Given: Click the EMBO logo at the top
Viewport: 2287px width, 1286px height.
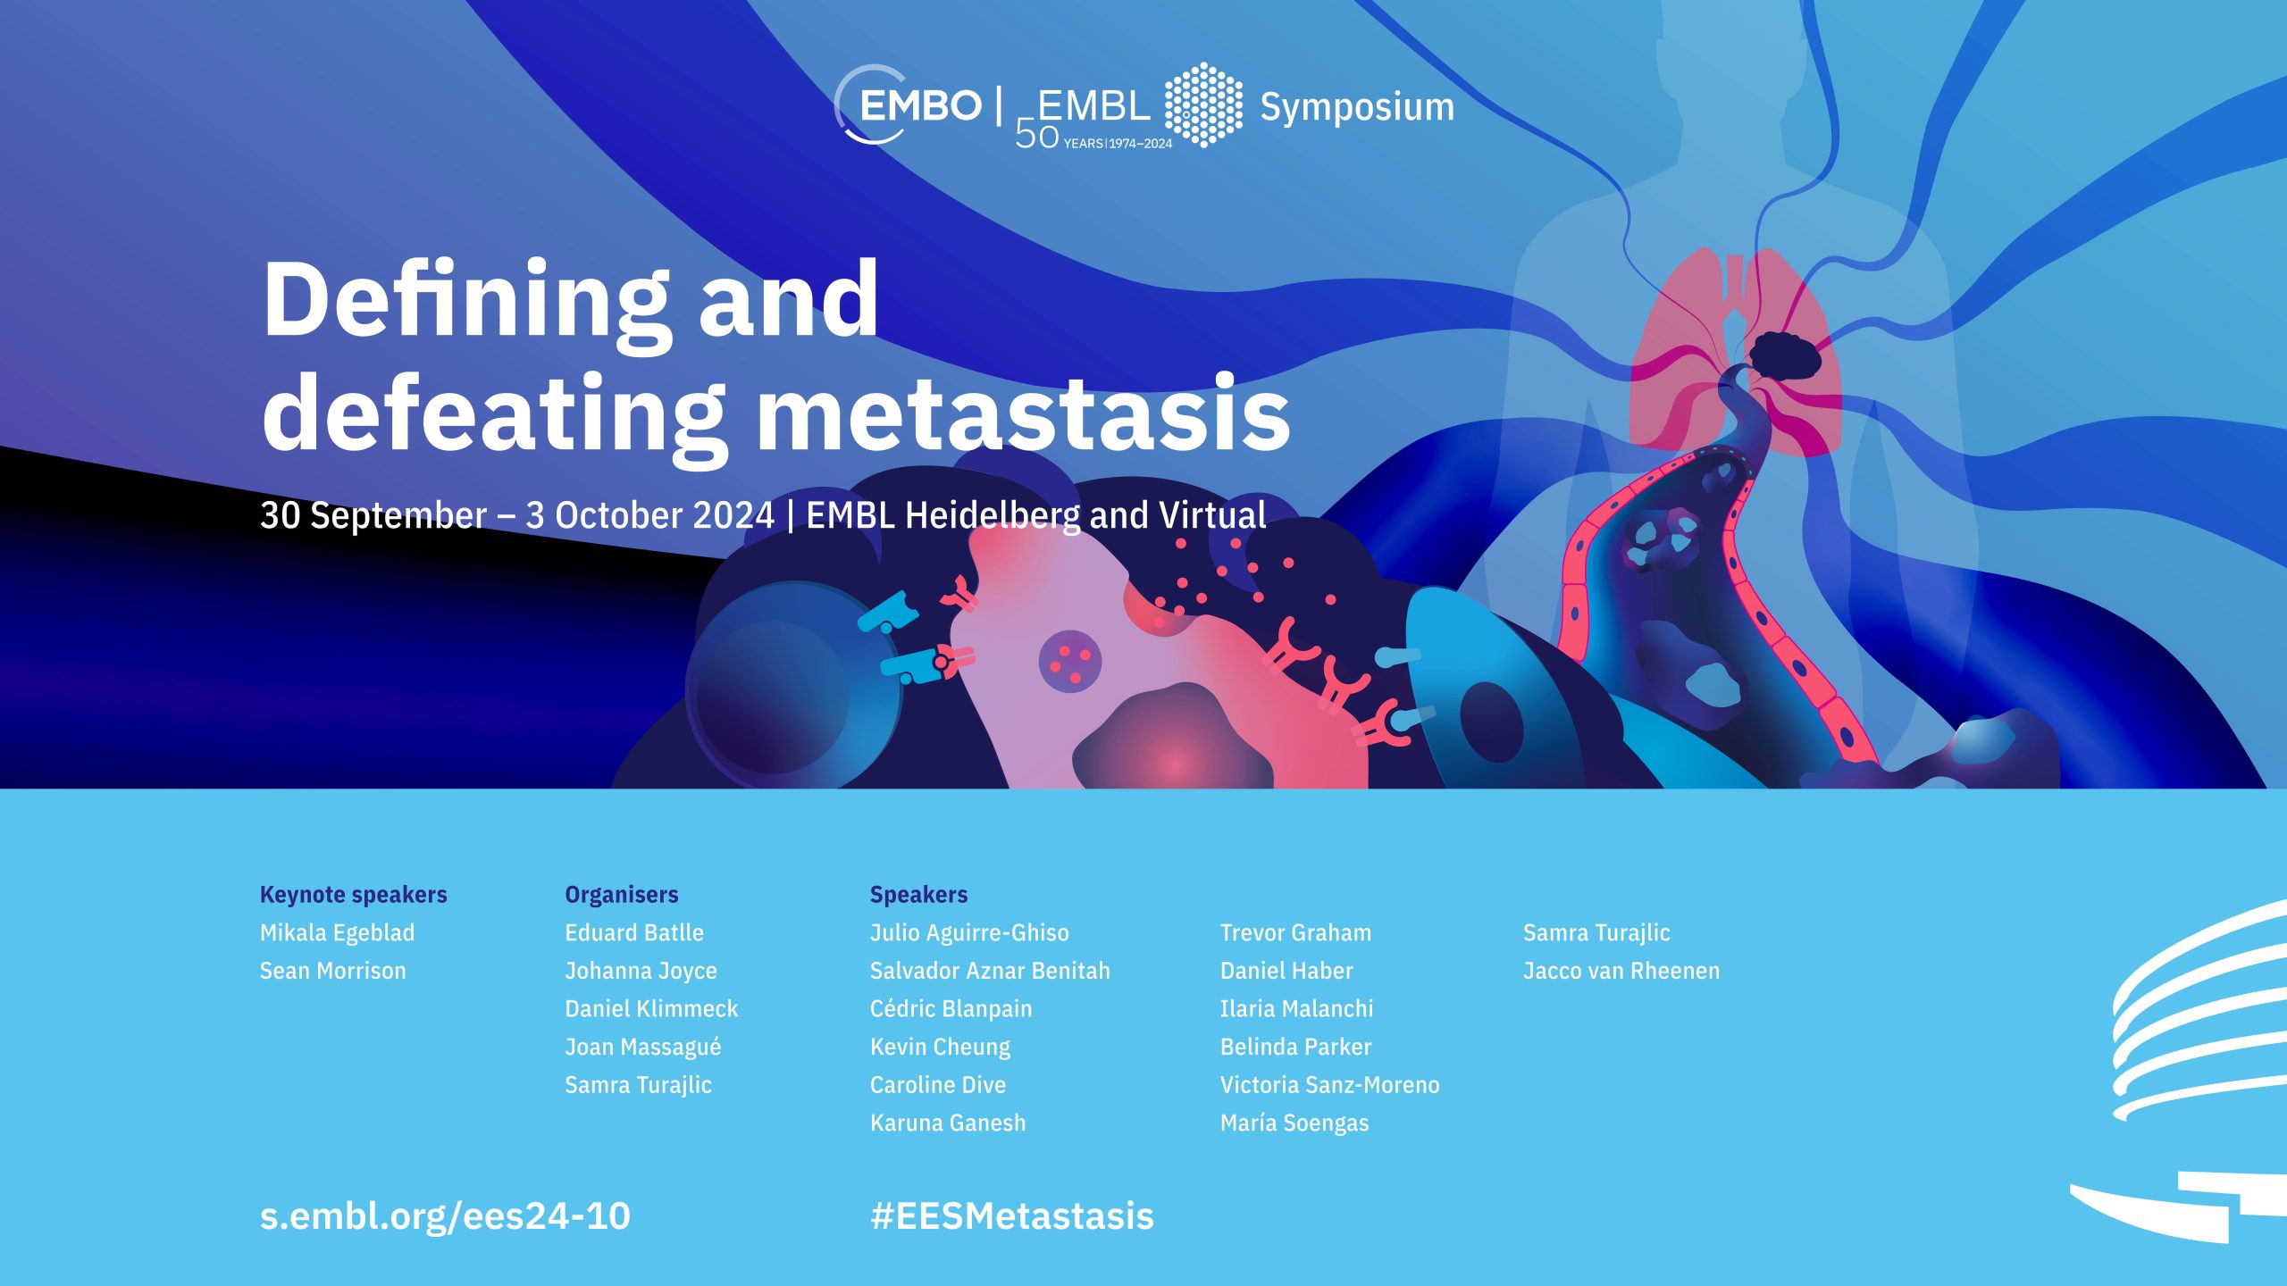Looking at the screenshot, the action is [908, 105].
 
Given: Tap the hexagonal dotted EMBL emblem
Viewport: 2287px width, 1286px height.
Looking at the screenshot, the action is [1203, 104].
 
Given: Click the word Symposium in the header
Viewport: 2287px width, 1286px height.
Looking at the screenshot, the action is [1357, 107].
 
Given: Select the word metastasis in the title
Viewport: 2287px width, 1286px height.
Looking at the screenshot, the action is [1024, 413].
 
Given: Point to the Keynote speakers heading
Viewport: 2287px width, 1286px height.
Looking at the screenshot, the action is [353, 895].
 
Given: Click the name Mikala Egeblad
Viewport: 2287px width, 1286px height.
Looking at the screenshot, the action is [337, 933].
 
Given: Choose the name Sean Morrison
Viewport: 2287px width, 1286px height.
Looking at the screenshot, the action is [332, 971].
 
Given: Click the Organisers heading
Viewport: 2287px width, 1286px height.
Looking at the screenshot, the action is [621, 895].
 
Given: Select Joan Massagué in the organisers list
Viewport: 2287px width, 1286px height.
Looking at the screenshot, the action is [642, 1047].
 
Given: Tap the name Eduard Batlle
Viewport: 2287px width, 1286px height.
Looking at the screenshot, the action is [634, 933].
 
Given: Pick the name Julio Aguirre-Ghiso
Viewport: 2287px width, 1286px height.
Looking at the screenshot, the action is [969, 933].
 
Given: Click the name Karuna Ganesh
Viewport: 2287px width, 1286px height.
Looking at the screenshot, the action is [948, 1123].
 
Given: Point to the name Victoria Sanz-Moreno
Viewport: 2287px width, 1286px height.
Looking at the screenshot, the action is [1330, 1085].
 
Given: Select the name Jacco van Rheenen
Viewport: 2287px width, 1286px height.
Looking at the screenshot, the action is [1621, 971].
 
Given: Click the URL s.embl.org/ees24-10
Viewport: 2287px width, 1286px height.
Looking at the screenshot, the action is [445, 1216].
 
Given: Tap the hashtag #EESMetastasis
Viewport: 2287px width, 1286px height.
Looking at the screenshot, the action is [1012, 1216].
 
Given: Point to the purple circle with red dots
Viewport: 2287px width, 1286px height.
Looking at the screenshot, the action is [1070, 662].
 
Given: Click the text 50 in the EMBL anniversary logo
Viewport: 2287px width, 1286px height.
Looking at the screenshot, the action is [1036, 135].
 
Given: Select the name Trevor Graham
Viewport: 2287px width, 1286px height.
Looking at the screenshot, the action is [1295, 933].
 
